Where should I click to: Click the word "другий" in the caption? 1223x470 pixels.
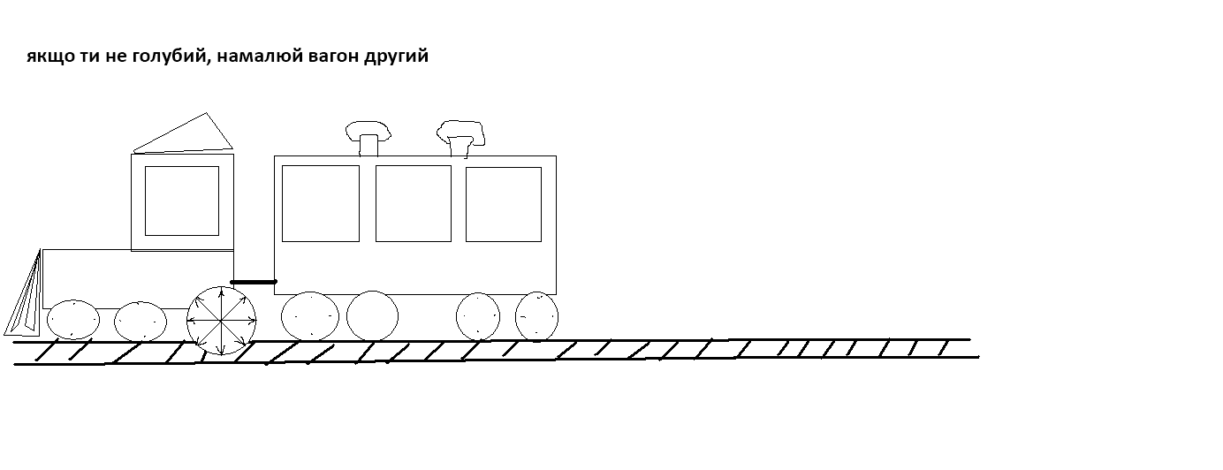click(397, 57)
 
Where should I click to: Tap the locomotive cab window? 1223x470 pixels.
click(182, 201)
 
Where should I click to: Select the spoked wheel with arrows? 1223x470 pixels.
click(221, 321)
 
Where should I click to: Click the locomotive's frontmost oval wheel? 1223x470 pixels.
click(73, 319)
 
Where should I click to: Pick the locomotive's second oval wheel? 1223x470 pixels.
click(141, 322)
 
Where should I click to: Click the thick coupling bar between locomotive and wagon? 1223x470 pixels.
click(254, 282)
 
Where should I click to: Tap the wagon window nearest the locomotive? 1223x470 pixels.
click(321, 203)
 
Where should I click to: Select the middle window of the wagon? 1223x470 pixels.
click(414, 203)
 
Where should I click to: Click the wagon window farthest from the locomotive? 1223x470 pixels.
click(504, 204)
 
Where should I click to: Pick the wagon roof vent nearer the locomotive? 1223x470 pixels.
click(368, 138)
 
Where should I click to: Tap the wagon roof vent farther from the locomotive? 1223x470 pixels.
click(460, 139)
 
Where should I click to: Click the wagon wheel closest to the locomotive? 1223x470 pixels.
click(310, 316)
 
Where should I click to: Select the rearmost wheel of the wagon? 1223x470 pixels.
click(536, 316)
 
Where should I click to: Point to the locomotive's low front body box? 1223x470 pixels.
click(138, 279)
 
